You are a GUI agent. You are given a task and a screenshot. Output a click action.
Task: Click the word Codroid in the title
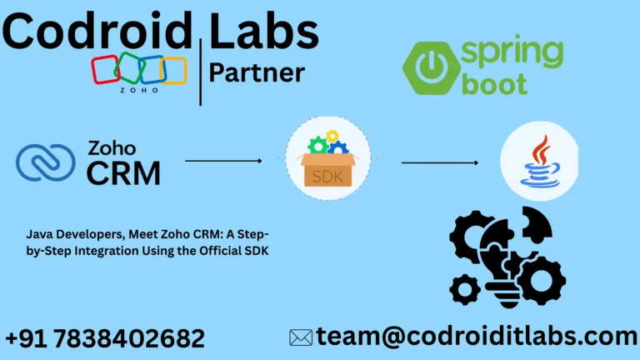[x=97, y=31]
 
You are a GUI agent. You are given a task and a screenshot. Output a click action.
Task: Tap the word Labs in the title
[x=263, y=31]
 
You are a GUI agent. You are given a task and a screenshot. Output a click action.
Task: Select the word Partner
[x=257, y=72]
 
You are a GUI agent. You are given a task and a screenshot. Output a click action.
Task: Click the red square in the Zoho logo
[x=106, y=69]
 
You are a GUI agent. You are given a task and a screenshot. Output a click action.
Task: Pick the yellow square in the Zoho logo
[x=174, y=71]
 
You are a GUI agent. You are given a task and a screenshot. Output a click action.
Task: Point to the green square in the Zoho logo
[x=129, y=67]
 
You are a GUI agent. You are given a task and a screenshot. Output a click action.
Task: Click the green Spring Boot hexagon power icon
[x=432, y=67]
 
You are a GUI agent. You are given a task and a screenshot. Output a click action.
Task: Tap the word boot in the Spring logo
[x=494, y=83]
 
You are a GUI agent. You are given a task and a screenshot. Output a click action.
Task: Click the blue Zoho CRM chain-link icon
[x=45, y=162]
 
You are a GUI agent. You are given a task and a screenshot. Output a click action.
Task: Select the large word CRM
[x=123, y=173]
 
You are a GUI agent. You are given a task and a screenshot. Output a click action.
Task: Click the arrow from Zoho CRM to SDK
[x=223, y=161]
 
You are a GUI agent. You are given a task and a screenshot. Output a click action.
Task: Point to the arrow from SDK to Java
[x=440, y=162]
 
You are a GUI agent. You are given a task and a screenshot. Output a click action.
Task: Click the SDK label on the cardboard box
[x=327, y=177]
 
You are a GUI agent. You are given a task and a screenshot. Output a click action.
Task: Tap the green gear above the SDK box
[x=318, y=146]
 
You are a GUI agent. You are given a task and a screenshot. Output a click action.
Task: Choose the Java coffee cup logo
[x=540, y=161]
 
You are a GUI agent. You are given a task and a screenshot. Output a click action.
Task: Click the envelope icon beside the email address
[x=301, y=338]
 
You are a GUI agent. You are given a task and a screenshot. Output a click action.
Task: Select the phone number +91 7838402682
[x=105, y=338]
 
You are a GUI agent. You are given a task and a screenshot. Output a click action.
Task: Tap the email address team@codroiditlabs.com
[x=477, y=337]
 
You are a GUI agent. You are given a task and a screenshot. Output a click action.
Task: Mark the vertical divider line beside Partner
[x=200, y=72]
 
